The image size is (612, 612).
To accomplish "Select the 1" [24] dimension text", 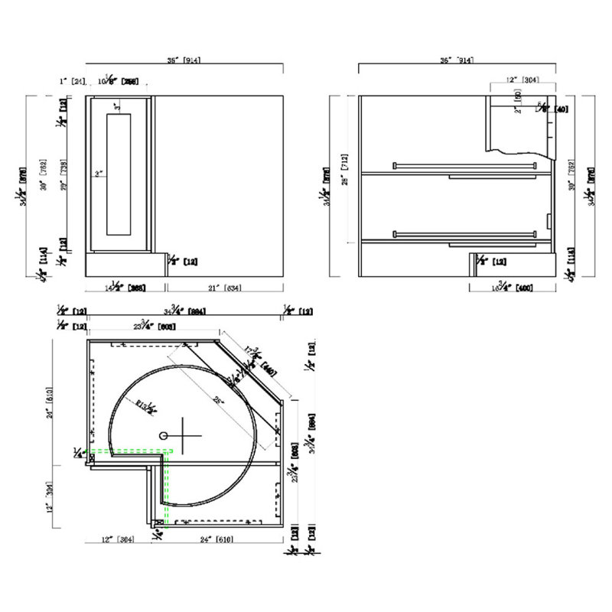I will pos(73,80).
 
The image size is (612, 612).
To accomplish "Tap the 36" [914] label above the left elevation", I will pos(184,60).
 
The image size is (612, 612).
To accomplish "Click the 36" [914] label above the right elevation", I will pos(457,60).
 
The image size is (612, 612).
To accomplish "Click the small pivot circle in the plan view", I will pos(163,435).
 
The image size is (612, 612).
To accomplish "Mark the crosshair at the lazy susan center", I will pos(184,436).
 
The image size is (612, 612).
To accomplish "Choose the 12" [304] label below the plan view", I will pos(116,539).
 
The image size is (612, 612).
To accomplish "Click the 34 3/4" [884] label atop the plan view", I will pos(186,311).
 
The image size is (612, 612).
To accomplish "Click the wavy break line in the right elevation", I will pos(520,151).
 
